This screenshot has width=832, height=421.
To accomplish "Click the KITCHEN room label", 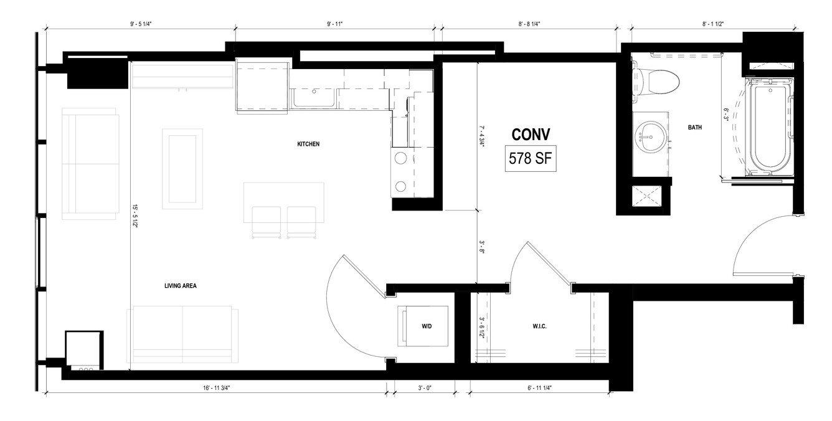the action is (308, 144).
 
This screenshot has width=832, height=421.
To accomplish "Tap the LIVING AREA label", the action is (181, 285).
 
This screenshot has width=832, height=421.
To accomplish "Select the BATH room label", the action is (694, 128).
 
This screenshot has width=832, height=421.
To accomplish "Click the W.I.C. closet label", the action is (539, 326).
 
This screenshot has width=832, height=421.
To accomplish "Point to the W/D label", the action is (427, 326).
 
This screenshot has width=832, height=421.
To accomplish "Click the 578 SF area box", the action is (531, 159).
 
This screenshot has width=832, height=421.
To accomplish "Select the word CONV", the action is (531, 135).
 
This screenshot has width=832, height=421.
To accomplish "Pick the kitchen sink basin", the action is (314, 98).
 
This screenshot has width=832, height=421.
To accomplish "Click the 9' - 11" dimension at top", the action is (334, 24).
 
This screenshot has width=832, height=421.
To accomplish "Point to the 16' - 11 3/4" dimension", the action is (217, 388).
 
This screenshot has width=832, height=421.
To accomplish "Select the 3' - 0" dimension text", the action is (425, 388).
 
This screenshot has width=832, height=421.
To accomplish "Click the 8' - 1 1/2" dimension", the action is (713, 24).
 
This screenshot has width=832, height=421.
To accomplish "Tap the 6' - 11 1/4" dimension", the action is (540, 388).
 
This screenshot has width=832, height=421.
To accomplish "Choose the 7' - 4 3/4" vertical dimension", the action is (482, 136).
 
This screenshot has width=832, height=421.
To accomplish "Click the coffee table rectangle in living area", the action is (182, 169).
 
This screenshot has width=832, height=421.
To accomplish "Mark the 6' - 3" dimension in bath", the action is (726, 114).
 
